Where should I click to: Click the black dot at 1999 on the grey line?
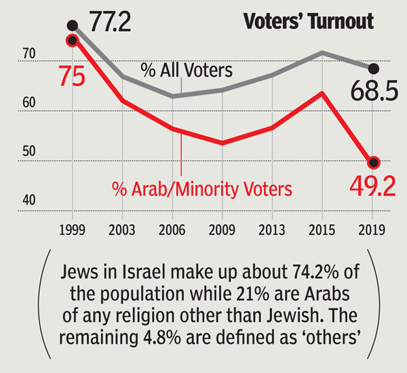(x=73, y=26)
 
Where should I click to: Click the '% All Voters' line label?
(x=187, y=70)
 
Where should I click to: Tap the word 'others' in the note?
(x=338, y=337)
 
